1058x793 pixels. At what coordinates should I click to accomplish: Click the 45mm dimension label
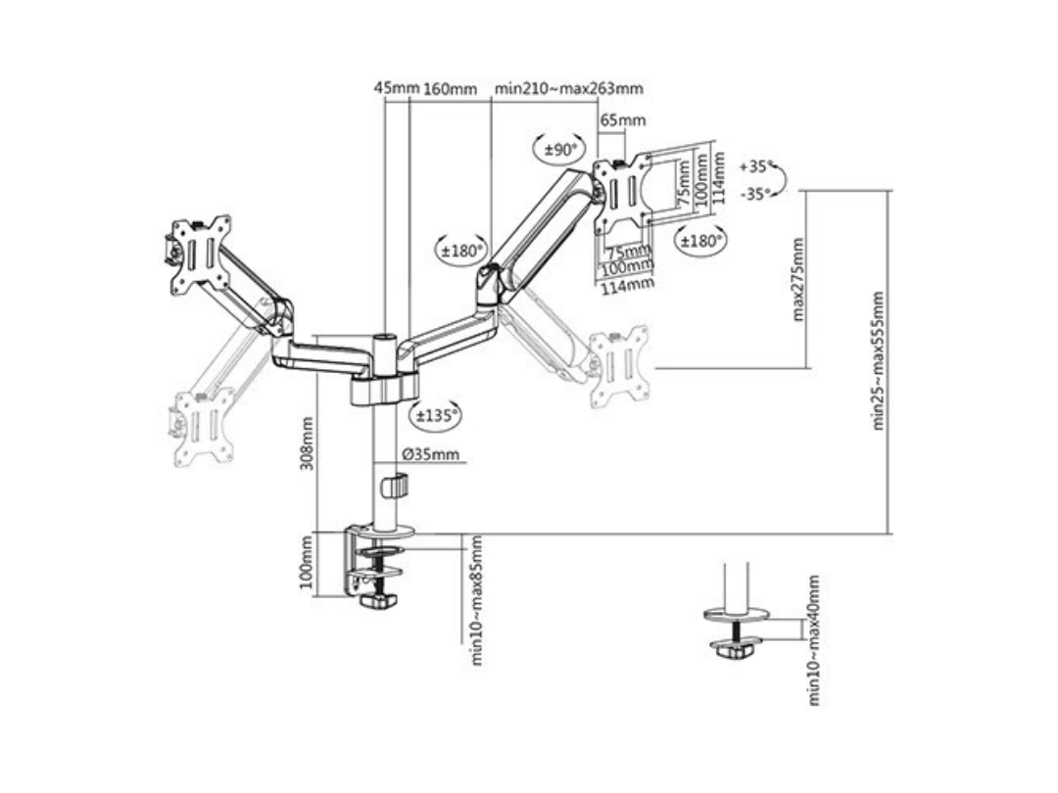[397, 88]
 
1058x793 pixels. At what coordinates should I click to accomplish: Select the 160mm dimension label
[450, 89]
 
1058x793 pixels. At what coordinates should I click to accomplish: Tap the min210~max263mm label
[569, 88]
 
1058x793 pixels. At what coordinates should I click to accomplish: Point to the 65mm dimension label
[622, 120]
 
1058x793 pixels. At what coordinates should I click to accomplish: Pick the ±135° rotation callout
[436, 415]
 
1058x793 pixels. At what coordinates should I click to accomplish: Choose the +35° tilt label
[756, 165]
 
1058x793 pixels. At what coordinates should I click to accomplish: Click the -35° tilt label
[756, 193]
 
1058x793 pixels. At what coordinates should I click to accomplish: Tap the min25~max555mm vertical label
[879, 360]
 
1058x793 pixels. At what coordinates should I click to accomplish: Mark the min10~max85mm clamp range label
[478, 600]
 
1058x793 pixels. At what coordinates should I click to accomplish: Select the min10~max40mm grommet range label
[813, 640]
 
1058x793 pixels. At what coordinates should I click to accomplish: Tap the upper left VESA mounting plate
[200, 253]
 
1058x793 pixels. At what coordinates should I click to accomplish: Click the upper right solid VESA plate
[623, 193]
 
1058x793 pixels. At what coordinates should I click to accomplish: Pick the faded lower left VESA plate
[204, 426]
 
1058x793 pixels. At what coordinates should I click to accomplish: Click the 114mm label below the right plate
[627, 285]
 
